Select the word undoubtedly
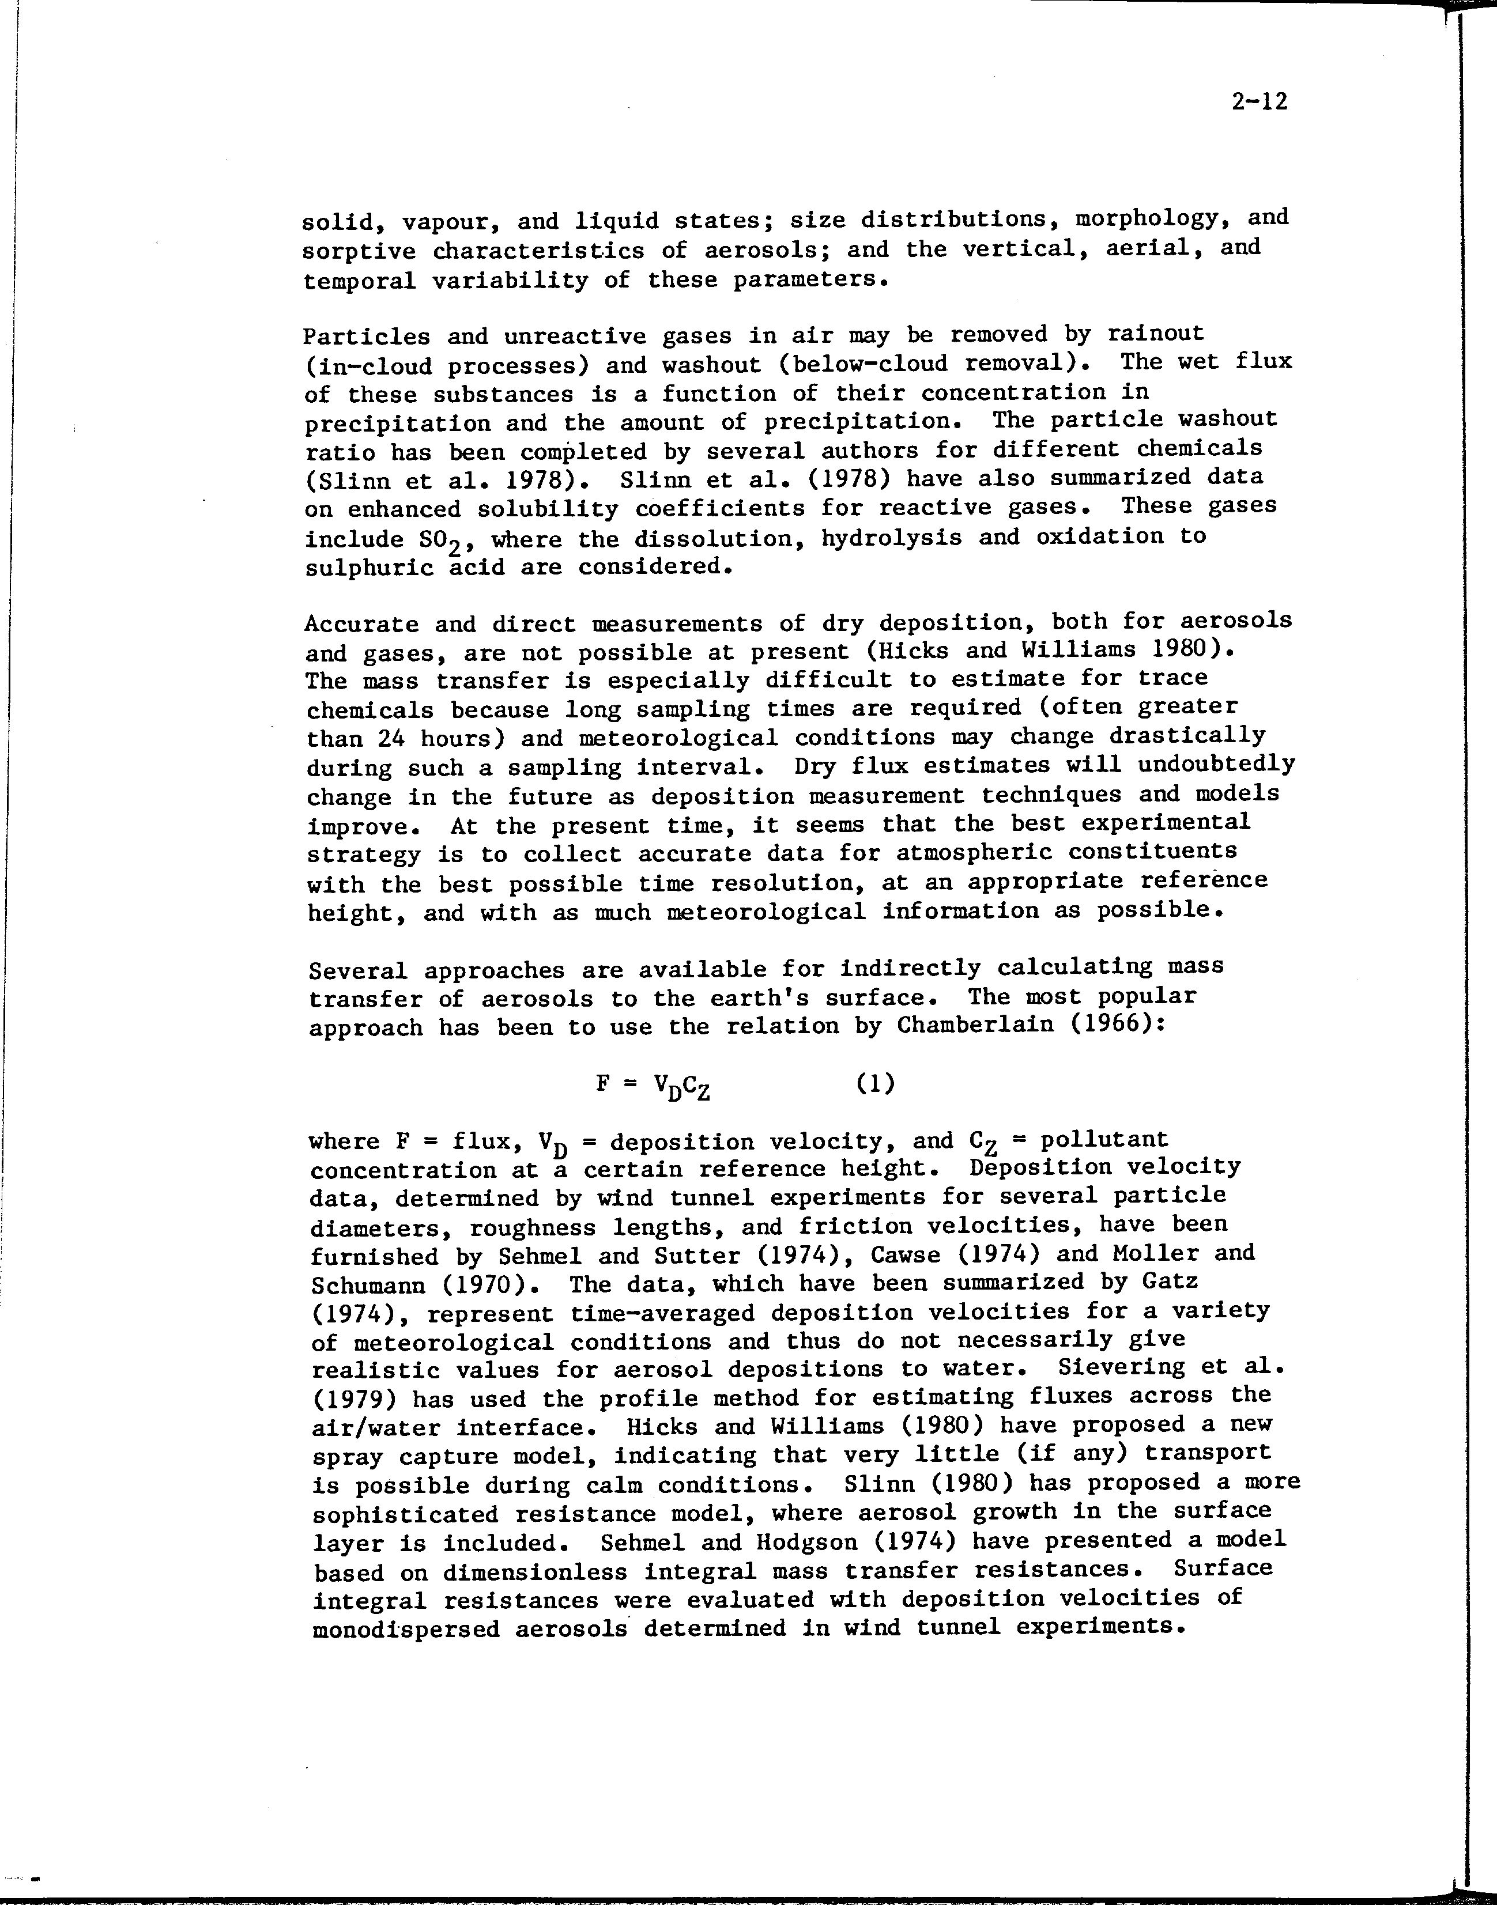click(x=1216, y=764)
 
